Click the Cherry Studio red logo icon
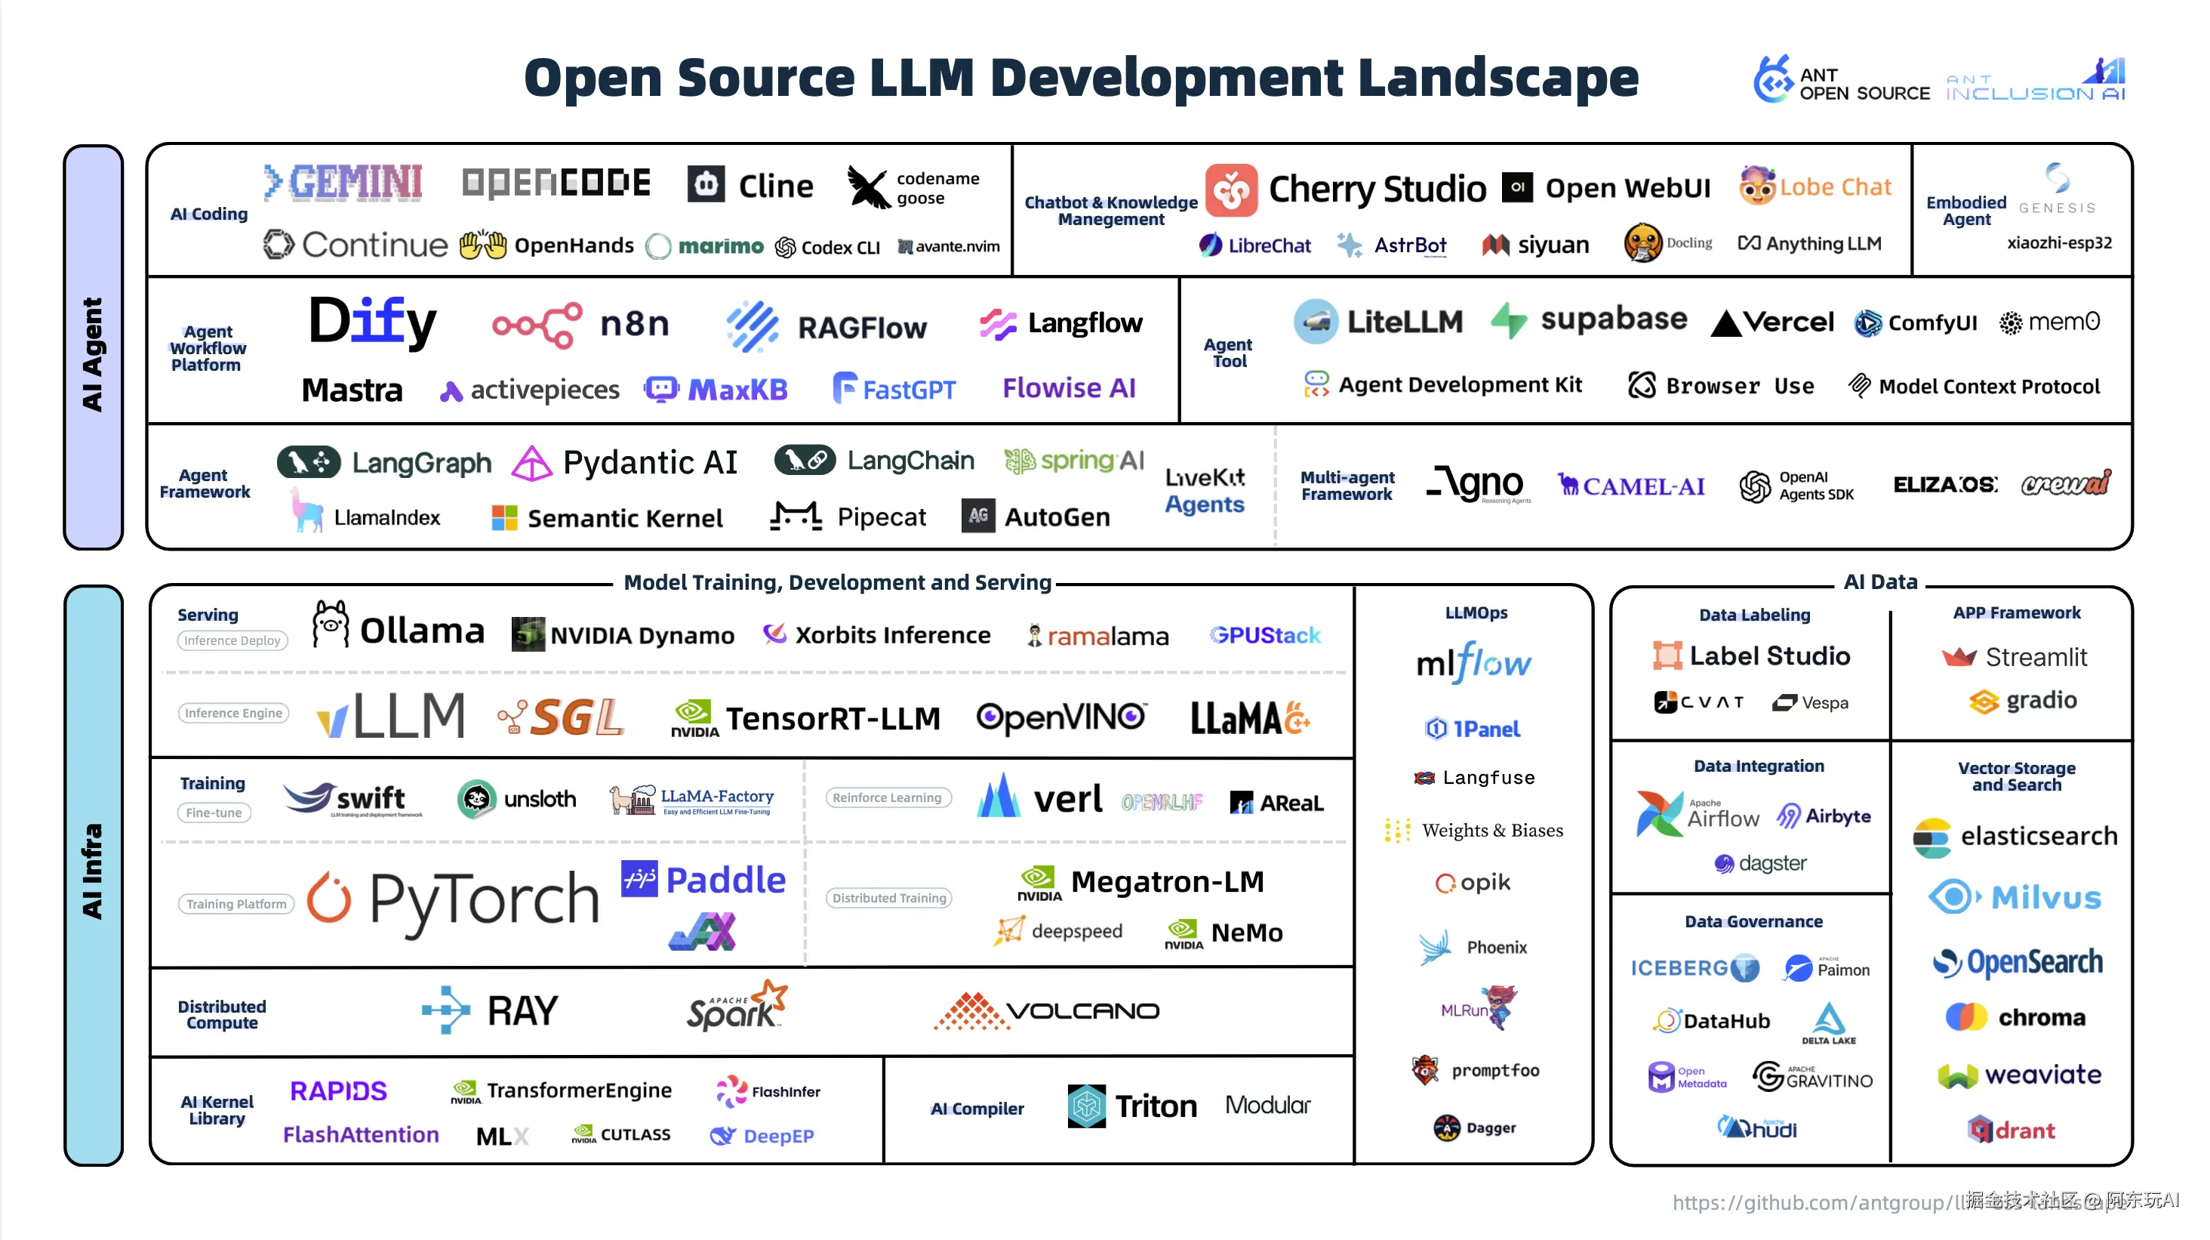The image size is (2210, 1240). [x=1231, y=190]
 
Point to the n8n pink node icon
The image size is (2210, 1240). [x=537, y=325]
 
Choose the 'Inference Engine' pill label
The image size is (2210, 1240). [x=233, y=713]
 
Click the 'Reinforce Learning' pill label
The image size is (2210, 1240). [x=887, y=797]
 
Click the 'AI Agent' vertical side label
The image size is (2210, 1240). [x=93, y=353]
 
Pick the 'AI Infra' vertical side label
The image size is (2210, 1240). [x=93, y=871]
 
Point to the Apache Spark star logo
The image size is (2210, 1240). [x=770, y=995]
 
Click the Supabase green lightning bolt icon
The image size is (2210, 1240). [x=1508, y=321]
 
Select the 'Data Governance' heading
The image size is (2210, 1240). [x=1753, y=921]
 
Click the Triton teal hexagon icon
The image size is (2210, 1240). [x=1086, y=1106]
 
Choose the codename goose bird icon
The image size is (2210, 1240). [x=868, y=187]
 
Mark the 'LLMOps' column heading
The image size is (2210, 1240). [x=1476, y=612]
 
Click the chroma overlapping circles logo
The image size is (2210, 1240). [x=1965, y=1017]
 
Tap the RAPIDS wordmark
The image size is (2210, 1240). [x=338, y=1090]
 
